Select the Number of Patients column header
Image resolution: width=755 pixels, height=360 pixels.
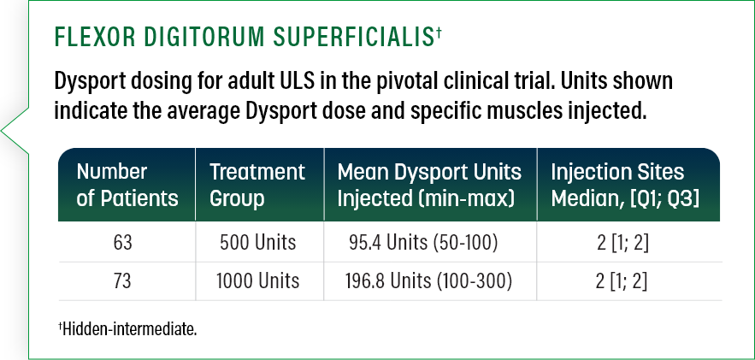click(127, 185)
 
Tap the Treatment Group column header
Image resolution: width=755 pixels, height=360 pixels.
click(257, 185)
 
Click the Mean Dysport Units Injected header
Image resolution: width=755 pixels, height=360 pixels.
click(429, 185)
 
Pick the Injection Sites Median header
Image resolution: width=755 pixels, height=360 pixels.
click(625, 185)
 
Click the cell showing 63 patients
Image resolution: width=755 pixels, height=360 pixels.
click(123, 243)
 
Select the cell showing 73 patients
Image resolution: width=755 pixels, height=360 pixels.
click(123, 280)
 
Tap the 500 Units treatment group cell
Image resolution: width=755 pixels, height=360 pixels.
click(257, 243)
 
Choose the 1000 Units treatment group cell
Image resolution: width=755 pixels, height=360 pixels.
click(257, 280)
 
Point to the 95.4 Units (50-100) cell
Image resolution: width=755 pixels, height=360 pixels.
click(423, 243)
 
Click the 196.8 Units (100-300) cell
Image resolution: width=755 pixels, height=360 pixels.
click(428, 280)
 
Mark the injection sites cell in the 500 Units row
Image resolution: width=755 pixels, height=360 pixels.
click(622, 243)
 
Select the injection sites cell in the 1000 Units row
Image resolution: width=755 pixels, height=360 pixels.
click(622, 280)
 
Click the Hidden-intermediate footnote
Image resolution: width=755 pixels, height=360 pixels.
click(127, 329)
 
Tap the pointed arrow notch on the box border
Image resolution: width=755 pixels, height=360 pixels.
click(3, 131)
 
